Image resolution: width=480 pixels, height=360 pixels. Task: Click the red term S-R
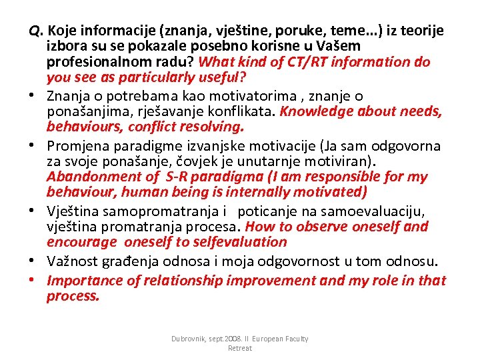pyautogui.click(x=177, y=177)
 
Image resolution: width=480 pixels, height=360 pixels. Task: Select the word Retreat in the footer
pyautogui.click(x=240, y=348)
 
